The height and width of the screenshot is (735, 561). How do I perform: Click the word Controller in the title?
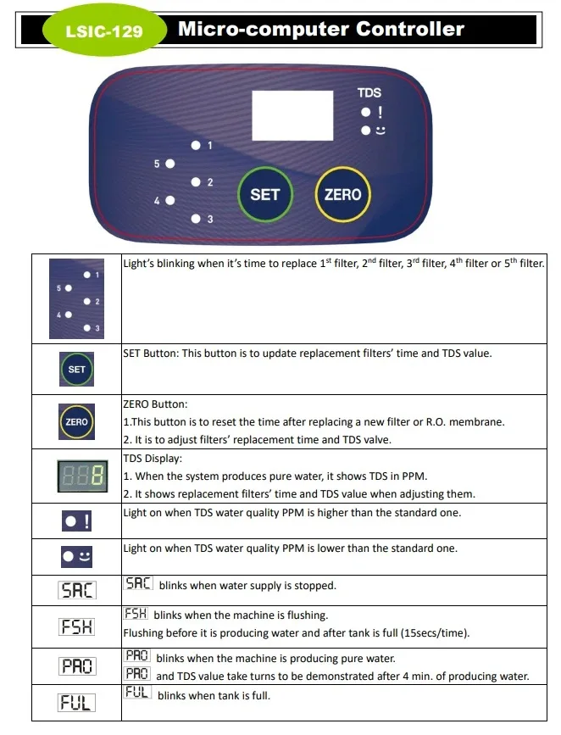409,29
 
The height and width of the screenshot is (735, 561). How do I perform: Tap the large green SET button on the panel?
264,194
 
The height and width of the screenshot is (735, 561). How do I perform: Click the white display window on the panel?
292,114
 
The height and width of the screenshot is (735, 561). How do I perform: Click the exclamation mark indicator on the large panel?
379,112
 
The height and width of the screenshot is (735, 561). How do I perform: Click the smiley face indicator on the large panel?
379,131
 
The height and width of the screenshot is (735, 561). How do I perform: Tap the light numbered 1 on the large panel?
196,146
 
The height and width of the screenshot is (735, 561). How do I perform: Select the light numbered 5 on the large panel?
170,163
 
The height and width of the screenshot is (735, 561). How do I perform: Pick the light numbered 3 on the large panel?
196,219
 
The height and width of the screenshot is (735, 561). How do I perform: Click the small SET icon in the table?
76,370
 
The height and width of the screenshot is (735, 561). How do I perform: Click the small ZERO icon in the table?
76,421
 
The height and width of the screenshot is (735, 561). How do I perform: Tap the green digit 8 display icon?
76,476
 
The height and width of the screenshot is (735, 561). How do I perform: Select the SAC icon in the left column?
76,590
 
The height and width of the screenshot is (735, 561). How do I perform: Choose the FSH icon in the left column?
76,627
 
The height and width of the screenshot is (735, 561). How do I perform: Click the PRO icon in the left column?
76,666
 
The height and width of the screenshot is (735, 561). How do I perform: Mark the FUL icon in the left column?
76,703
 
